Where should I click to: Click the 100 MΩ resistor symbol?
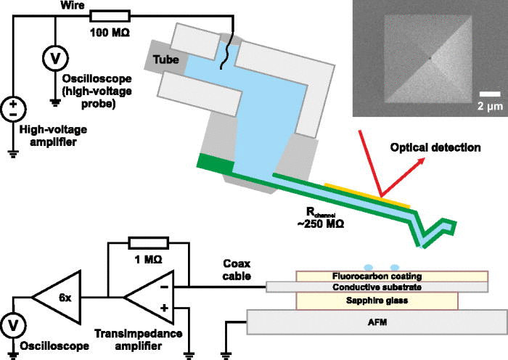click(x=110, y=16)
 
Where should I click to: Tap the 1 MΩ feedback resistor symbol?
click(x=149, y=243)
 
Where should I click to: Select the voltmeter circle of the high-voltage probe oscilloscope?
click(x=56, y=58)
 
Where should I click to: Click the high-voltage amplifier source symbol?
click(x=13, y=109)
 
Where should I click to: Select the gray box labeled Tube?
click(x=165, y=59)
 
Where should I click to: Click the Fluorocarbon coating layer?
click(x=392, y=277)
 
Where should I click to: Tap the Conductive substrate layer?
click(x=377, y=287)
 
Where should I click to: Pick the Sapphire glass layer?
click(x=377, y=300)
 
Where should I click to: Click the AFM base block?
click(x=377, y=322)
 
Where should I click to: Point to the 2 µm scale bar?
click(x=490, y=94)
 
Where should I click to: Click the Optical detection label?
click(x=435, y=148)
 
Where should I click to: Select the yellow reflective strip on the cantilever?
click(x=367, y=195)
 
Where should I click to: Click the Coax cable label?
click(x=237, y=269)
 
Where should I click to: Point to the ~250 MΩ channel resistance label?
click(x=320, y=218)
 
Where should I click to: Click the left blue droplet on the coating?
click(x=369, y=268)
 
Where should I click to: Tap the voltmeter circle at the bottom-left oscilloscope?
click(x=13, y=325)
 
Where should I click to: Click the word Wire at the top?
click(x=73, y=5)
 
